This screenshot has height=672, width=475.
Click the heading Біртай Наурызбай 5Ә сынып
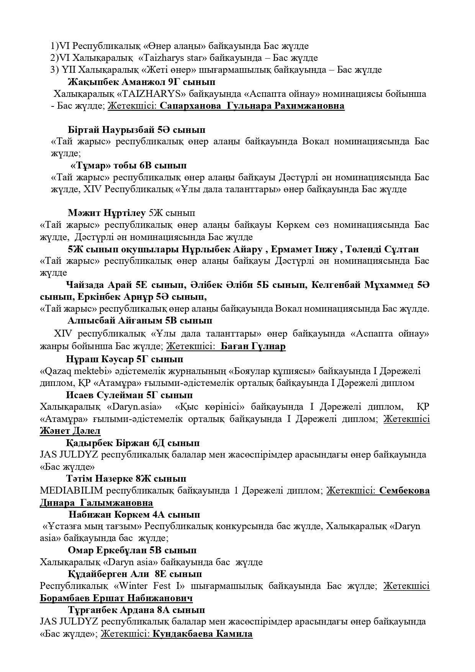tap(136, 129)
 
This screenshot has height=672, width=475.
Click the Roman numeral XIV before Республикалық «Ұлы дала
tap(93, 189)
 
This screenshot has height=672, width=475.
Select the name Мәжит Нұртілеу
tap(107, 213)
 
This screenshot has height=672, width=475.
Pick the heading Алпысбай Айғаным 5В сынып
tap(139, 320)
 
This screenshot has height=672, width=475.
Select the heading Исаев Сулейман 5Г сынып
tap(129, 395)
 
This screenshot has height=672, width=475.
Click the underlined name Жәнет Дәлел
tap(70, 431)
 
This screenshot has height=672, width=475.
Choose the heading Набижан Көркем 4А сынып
tap(134, 514)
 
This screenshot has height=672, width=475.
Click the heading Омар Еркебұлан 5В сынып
tap(132, 550)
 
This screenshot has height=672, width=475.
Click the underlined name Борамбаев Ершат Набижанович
tap(116, 598)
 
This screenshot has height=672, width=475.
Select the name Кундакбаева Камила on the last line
tap(202, 634)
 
